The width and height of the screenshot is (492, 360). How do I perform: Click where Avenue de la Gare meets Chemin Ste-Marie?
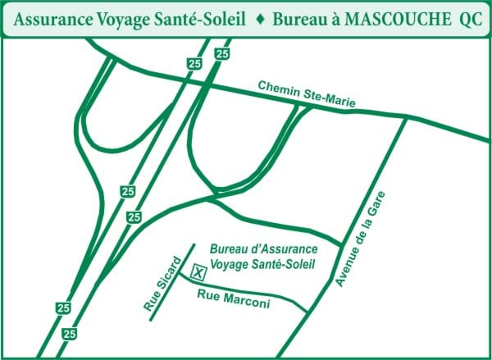coord(406,117)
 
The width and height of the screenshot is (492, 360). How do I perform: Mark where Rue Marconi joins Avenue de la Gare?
coord(308,312)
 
